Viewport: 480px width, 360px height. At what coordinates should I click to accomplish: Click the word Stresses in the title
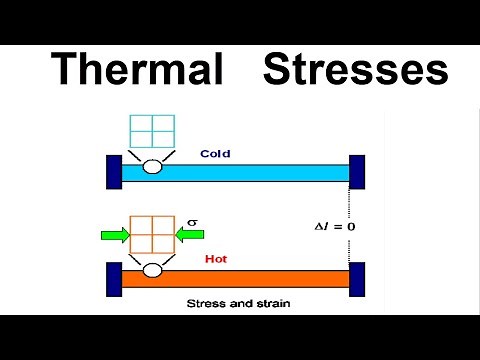(x=355, y=70)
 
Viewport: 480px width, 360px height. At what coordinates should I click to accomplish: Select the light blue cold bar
(x=250, y=172)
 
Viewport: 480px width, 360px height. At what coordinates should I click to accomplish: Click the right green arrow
(x=191, y=236)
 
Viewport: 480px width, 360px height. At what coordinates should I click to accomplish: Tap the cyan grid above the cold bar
(x=152, y=133)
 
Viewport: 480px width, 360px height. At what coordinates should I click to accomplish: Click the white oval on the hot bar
(x=153, y=271)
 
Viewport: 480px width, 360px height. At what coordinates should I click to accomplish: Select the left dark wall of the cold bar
(x=114, y=172)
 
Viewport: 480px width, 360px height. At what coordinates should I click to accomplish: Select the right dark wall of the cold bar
(x=357, y=172)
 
